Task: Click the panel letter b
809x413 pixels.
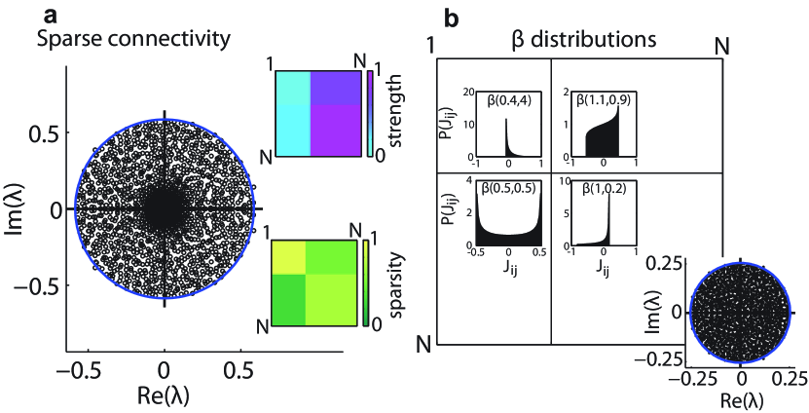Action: tap(424, 17)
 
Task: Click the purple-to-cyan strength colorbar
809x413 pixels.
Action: tap(370, 115)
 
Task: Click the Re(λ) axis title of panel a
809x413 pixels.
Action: tap(165, 394)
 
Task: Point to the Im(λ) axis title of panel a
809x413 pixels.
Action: tap(15, 209)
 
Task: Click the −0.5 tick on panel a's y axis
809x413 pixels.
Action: tap(42, 286)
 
